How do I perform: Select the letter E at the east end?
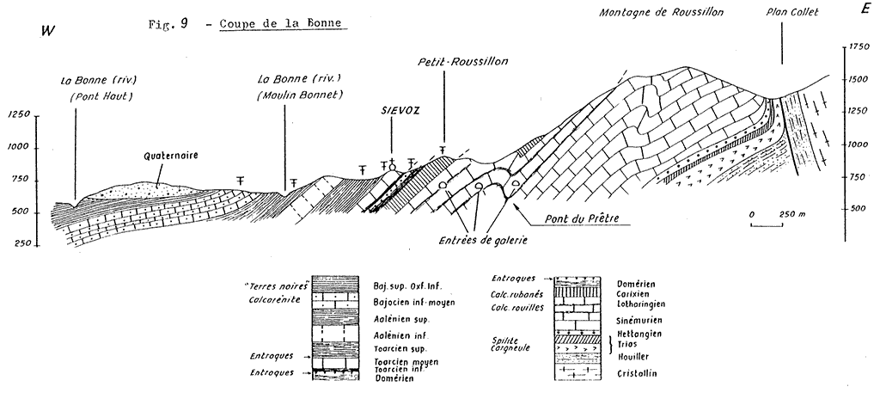pyautogui.click(x=865, y=9)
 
